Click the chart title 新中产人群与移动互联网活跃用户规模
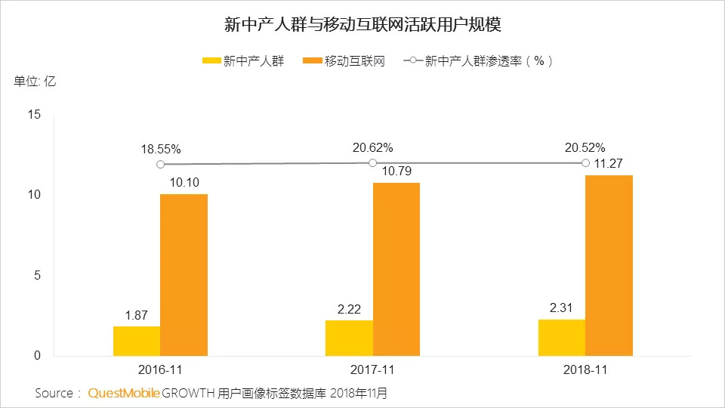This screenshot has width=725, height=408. coord(362,25)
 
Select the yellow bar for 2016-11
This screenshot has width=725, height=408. coord(137,341)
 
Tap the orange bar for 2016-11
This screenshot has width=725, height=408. coord(184,275)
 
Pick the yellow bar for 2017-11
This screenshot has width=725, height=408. coord(349,338)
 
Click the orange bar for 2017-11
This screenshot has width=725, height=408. coord(396,269)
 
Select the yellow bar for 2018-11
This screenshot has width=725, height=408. coord(562,337)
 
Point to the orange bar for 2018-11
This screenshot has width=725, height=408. coord(609,265)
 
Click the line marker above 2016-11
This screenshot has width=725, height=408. coord(160,164)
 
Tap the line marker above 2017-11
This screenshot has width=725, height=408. coord(372,162)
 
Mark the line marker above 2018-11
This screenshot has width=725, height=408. coord(585,162)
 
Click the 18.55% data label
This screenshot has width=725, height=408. coord(160,150)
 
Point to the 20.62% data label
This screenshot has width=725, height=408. coord(372,148)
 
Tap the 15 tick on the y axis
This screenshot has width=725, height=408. coord(32,115)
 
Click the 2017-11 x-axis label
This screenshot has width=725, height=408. coord(372,371)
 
